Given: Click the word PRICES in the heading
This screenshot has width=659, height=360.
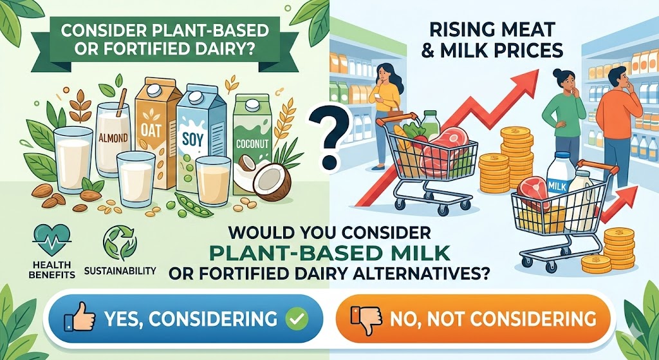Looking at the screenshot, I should coord(526,50).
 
